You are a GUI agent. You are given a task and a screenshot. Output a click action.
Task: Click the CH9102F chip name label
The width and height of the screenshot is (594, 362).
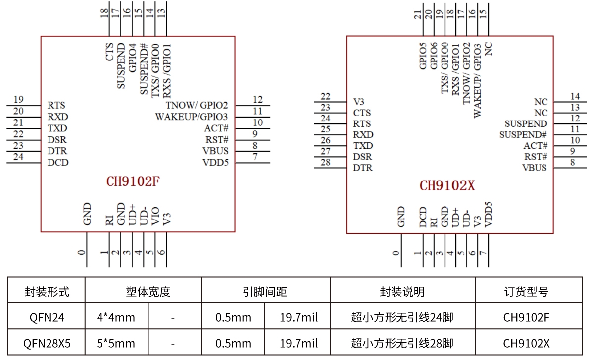click(133, 181)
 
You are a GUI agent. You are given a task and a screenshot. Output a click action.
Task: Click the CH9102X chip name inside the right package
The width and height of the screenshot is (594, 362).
click(447, 186)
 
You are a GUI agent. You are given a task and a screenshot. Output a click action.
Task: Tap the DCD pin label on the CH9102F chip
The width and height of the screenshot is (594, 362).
click(58, 163)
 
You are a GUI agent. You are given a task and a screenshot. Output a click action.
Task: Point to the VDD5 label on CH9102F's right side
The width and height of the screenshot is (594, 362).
click(215, 163)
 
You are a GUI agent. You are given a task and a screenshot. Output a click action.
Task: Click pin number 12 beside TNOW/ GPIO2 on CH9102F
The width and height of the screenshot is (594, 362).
click(257, 99)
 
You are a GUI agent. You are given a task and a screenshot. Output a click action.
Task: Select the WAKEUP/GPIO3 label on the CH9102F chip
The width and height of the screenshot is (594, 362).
click(192, 117)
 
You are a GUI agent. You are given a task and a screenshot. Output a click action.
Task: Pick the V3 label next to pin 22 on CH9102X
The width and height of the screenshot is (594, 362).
click(359, 102)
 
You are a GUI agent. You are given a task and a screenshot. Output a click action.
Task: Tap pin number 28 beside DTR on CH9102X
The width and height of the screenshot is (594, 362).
click(325, 163)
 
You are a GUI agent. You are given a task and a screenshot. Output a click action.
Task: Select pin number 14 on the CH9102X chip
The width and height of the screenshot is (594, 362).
click(575, 96)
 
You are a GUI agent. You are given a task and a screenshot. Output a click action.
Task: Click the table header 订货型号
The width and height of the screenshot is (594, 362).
click(528, 292)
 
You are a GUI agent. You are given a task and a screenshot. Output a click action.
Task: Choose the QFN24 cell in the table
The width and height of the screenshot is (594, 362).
click(47, 317)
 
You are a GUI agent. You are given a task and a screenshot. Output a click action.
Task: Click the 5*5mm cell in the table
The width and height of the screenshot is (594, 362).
click(116, 343)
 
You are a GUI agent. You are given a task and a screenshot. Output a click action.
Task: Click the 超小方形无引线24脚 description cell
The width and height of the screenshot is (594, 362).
click(402, 317)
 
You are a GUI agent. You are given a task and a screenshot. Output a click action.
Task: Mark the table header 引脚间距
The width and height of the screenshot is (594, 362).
click(265, 292)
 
